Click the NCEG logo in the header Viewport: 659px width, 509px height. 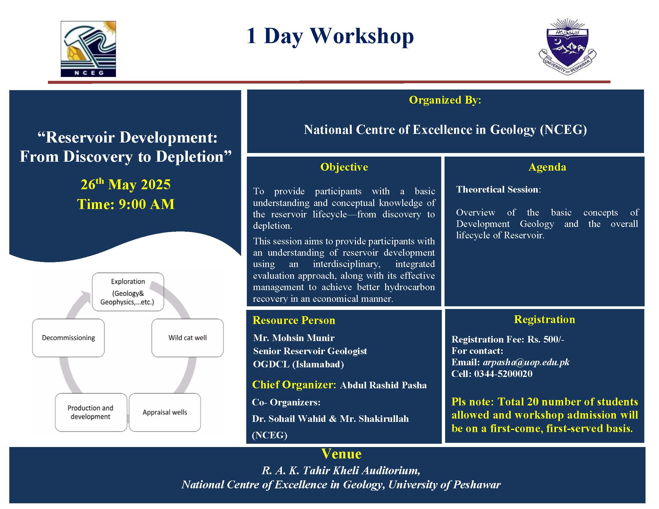point(88,49)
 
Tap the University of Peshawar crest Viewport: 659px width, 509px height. point(567,47)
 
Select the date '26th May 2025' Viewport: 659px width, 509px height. point(126,184)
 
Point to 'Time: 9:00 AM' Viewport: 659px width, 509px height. point(126,204)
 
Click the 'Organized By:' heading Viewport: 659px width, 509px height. point(445,100)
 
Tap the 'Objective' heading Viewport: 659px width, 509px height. point(344,167)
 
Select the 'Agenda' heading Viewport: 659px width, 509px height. point(547,167)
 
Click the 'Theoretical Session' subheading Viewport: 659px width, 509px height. point(497,189)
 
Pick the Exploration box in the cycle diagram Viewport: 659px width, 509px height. point(128,292)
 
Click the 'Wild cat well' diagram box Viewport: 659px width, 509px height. point(188,338)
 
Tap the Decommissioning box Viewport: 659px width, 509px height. point(69,338)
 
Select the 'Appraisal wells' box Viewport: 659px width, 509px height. point(165,412)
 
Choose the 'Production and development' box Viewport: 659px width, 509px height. point(91,412)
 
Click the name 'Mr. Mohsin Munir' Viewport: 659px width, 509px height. point(294,338)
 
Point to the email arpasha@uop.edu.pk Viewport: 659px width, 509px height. point(526,362)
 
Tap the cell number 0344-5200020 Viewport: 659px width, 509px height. point(503,374)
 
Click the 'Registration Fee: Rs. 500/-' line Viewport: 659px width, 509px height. point(508,340)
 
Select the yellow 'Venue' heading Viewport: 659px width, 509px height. point(341,454)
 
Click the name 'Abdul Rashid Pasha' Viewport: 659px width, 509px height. point(383,385)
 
